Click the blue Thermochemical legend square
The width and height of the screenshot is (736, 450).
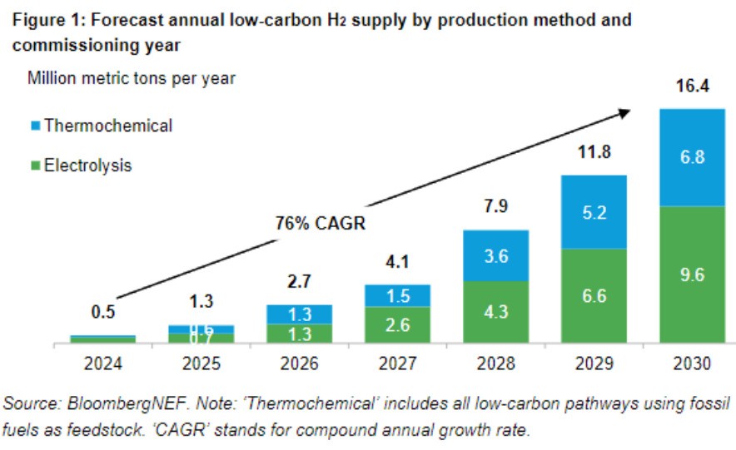pyautogui.click(x=34, y=126)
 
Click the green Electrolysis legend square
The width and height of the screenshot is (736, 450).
pyautogui.click(x=34, y=166)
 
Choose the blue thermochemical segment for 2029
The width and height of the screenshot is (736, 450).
pyautogui.click(x=594, y=212)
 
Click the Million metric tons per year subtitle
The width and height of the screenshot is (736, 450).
pyautogui.click(x=132, y=79)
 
